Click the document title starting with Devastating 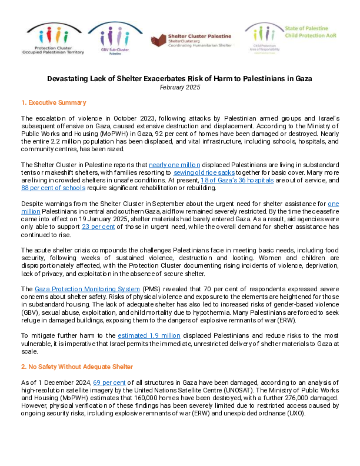(180, 78)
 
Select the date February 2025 (180, 87)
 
